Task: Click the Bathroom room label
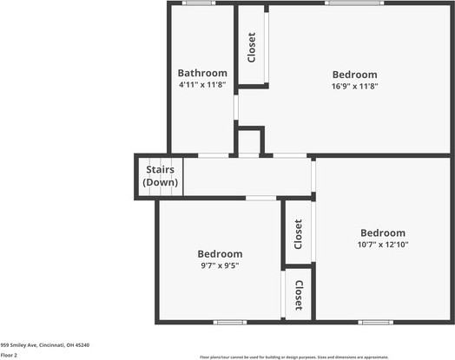(202, 73)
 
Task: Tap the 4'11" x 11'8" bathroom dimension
(202, 85)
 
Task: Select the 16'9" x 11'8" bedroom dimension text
(354, 86)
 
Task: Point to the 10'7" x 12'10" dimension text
(383, 245)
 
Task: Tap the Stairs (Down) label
(161, 176)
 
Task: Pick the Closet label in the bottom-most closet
(298, 296)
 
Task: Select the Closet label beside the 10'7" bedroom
(298, 232)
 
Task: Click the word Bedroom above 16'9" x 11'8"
(354, 74)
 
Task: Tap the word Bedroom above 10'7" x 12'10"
(383, 232)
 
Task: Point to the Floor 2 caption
(10, 355)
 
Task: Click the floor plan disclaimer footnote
(294, 357)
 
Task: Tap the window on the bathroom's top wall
(199, 3)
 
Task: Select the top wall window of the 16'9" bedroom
(353, 3)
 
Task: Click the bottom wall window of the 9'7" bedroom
(229, 322)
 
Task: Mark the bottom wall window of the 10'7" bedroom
(376, 322)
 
